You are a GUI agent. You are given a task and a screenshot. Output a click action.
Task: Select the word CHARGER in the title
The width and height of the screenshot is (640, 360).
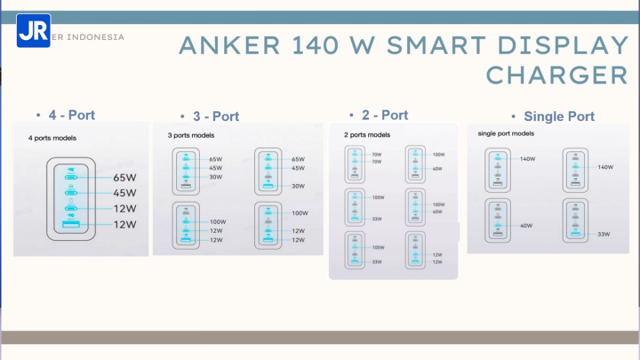click(557, 74)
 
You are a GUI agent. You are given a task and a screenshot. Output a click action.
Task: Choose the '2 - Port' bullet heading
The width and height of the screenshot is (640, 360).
click(385, 115)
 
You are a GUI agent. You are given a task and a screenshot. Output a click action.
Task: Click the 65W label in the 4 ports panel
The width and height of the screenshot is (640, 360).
click(124, 177)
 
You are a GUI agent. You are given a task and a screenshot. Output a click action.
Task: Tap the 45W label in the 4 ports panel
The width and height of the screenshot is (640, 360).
click(124, 193)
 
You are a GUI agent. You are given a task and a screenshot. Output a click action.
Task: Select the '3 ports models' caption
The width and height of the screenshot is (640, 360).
click(191, 135)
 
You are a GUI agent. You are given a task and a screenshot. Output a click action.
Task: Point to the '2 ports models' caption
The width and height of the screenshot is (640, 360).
click(366, 135)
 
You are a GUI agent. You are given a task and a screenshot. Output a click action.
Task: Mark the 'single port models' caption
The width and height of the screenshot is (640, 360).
click(506, 133)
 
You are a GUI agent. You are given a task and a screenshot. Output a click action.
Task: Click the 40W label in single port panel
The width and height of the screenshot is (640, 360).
click(526, 226)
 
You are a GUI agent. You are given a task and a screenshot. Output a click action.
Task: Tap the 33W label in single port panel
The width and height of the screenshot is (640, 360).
click(604, 235)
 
